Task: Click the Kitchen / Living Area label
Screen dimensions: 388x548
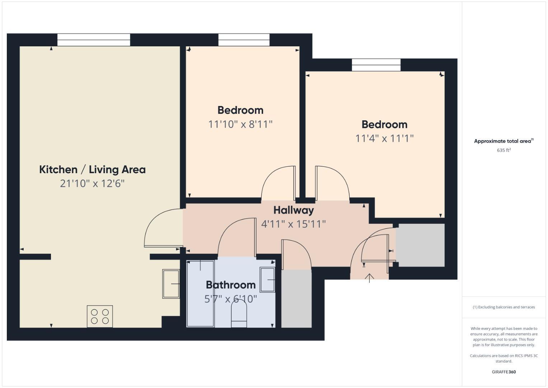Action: pyautogui.click(x=92, y=170)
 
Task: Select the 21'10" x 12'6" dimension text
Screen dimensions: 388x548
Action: pyautogui.click(x=92, y=184)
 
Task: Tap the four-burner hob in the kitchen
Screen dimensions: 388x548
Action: pyautogui.click(x=100, y=316)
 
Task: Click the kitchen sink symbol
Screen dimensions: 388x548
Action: pyautogui.click(x=171, y=284)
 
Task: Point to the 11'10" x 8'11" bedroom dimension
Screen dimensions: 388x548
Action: pyautogui.click(x=240, y=124)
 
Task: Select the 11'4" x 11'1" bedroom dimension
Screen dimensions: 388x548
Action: pyautogui.click(x=384, y=138)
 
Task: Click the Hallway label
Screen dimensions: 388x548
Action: pyautogui.click(x=294, y=210)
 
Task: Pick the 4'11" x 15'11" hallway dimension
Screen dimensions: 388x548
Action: pyautogui.click(x=294, y=224)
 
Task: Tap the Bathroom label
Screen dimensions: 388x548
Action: pyautogui.click(x=231, y=285)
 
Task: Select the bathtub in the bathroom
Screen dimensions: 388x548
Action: pyautogui.click(x=200, y=294)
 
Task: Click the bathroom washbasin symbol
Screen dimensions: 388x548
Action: pyautogui.click(x=267, y=280)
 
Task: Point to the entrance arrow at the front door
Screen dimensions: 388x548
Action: pyautogui.click(x=369, y=278)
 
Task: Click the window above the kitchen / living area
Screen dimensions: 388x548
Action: pyautogui.click(x=94, y=40)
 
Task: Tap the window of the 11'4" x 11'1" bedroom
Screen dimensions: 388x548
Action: pyautogui.click(x=376, y=65)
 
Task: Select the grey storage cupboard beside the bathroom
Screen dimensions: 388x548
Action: pyautogui.click(x=296, y=299)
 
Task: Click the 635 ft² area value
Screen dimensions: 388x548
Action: pyautogui.click(x=503, y=150)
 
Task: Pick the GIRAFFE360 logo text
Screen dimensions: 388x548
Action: pyautogui.click(x=503, y=372)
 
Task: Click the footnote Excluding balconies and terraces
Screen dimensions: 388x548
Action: pyautogui.click(x=503, y=307)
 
